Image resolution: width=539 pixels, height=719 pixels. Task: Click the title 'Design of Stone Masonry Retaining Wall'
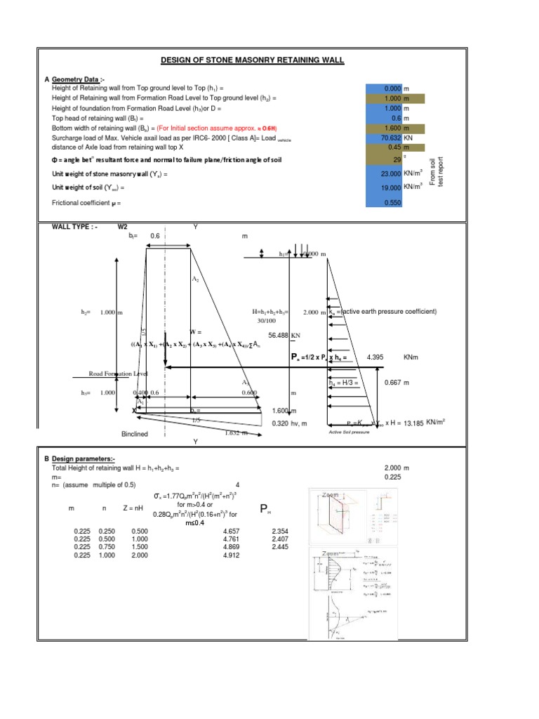(253, 60)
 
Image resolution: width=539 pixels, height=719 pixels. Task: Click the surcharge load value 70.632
(387, 138)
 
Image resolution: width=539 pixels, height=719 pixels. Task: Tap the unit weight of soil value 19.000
(387, 188)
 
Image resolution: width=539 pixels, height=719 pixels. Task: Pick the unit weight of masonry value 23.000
(387, 173)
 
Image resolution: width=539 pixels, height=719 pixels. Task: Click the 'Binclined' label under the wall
(135, 434)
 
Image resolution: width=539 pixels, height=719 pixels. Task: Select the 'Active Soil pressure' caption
(349, 433)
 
